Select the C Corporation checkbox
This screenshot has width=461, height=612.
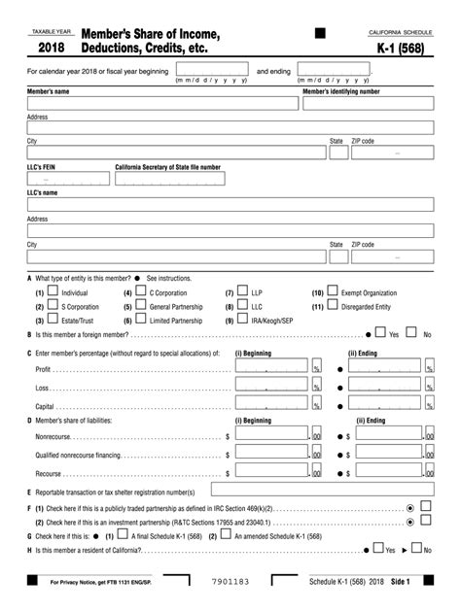(x=141, y=291)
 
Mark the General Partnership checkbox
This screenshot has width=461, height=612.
(x=141, y=305)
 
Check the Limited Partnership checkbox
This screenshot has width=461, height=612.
(x=141, y=320)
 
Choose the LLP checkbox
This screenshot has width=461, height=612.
(x=243, y=291)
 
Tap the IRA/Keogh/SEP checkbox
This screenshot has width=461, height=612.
(x=243, y=320)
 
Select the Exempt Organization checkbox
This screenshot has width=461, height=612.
(x=333, y=291)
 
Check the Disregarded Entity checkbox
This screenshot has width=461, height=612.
(x=333, y=305)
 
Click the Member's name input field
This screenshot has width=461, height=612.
(x=162, y=103)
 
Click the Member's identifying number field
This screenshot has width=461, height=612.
(x=368, y=103)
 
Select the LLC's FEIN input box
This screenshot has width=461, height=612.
(x=66, y=179)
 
